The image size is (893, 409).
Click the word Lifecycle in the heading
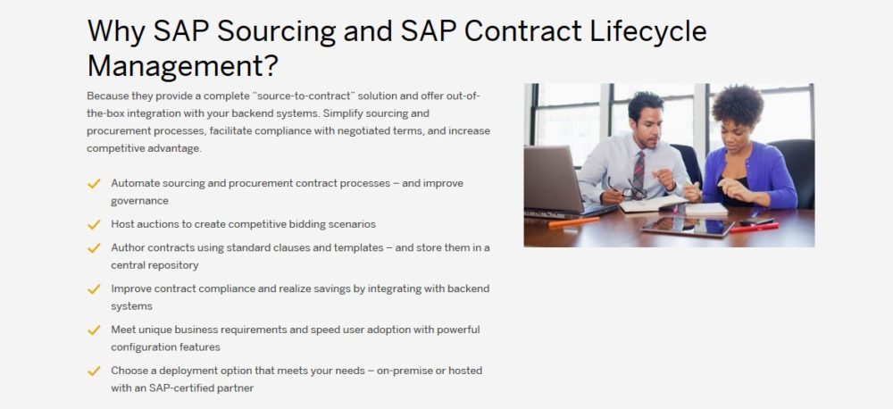648,32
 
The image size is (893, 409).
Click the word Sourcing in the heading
276,32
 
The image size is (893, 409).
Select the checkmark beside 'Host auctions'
94,224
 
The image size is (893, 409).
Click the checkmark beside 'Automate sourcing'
94,183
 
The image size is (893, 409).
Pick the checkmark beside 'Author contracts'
94,247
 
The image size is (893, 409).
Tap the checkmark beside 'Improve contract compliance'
94,288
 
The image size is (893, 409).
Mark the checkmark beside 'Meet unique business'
94,330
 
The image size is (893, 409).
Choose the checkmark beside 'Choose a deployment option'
94,371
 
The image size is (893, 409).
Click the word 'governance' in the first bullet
139,201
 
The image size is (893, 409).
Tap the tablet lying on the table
688,226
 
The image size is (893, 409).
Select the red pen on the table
754,228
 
